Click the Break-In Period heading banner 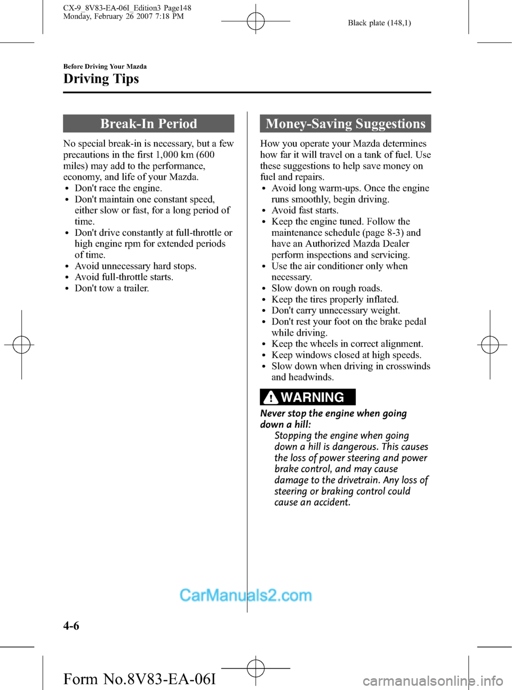148,124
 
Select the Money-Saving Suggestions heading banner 345,124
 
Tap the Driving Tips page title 101,79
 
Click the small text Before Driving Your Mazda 105,67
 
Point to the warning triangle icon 271,398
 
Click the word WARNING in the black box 313,398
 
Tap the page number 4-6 71,626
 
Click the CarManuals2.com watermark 245,595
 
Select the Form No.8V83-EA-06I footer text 139,679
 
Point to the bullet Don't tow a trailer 111,288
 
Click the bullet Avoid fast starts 305,210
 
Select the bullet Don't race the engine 118,188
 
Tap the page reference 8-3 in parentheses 394,233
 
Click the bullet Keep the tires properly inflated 334,299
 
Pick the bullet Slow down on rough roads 326,288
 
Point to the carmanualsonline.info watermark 433,681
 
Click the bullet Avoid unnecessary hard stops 135,266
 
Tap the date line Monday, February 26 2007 123,17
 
